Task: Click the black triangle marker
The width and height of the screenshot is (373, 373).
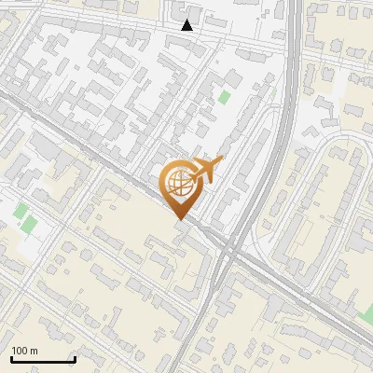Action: (x=187, y=25)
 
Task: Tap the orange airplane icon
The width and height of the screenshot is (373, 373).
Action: (x=206, y=172)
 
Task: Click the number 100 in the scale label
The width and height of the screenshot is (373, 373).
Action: (x=20, y=351)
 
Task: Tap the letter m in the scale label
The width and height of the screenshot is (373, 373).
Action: (x=34, y=351)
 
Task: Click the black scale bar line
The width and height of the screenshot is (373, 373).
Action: (x=42, y=359)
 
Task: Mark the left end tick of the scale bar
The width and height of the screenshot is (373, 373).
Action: (x=10, y=357)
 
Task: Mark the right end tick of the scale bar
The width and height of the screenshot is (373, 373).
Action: (x=74, y=357)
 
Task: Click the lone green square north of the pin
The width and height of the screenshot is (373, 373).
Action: (x=224, y=96)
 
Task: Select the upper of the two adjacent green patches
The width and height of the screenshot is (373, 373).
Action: (x=20, y=211)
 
